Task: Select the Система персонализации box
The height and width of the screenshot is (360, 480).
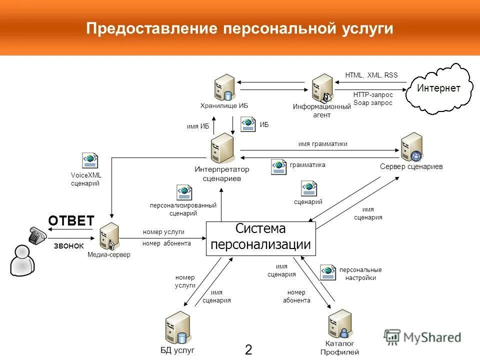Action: (261, 238)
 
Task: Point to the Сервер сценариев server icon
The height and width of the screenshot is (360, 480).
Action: (412, 147)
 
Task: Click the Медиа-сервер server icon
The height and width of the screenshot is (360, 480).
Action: (109, 236)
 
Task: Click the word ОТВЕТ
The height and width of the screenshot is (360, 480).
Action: (71, 221)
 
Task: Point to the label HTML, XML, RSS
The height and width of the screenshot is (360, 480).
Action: (371, 75)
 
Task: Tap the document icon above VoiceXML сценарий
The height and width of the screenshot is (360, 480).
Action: (90, 160)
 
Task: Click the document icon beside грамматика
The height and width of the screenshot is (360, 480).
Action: (278, 166)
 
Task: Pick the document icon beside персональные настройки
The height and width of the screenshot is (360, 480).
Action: (328, 272)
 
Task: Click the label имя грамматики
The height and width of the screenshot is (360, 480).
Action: (322, 144)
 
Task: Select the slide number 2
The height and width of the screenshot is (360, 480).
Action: (248, 349)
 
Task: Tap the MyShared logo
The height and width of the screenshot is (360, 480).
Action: (422, 337)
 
